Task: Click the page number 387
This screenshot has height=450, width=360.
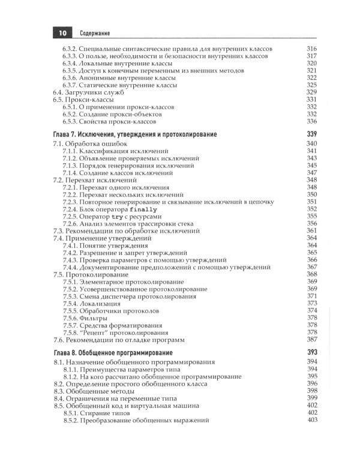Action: coord(311,339)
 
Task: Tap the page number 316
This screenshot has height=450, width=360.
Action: coord(311,49)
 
